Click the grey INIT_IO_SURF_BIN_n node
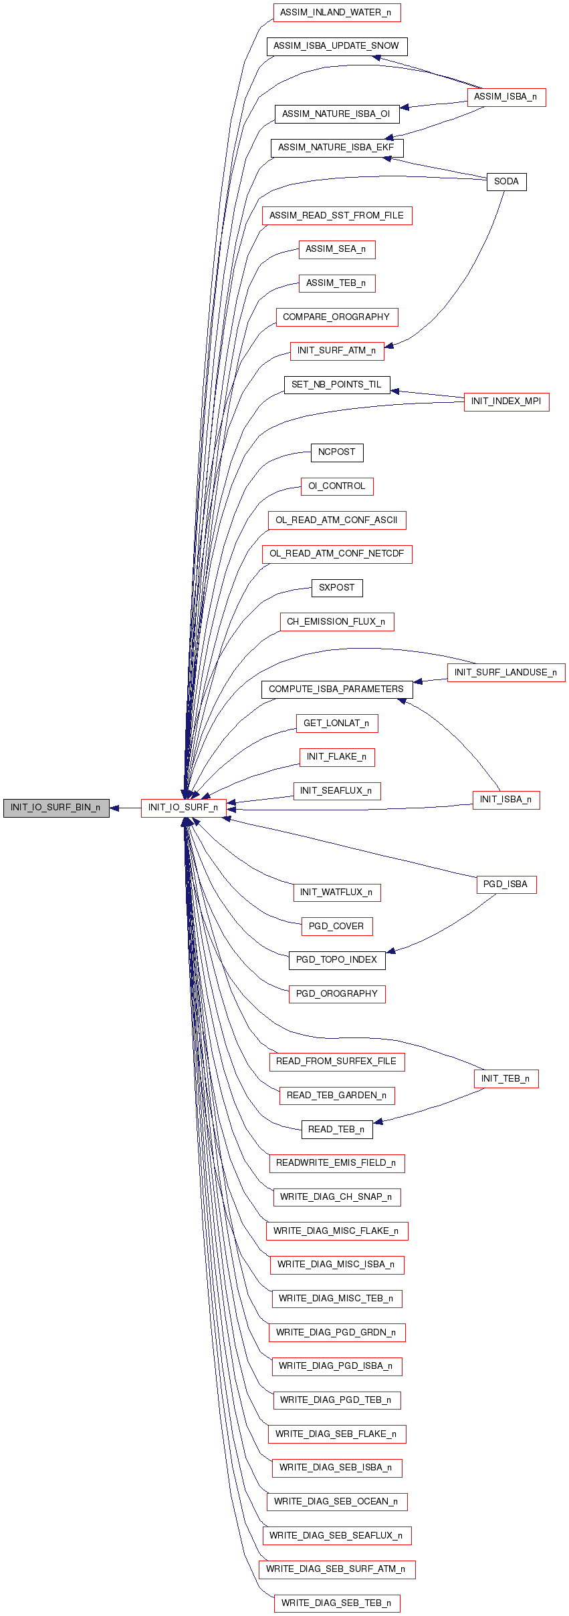click(x=56, y=808)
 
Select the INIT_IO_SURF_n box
click(x=183, y=808)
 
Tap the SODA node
click(x=507, y=182)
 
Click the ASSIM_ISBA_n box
click(x=506, y=97)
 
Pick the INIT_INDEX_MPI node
click(x=506, y=401)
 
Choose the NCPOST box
click(x=337, y=452)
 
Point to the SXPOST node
click(x=337, y=588)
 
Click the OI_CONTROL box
click(x=337, y=486)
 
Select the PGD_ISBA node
click(x=506, y=884)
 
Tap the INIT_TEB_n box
click(x=506, y=1079)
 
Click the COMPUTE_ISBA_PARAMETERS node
click(x=337, y=689)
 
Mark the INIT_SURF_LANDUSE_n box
click(x=506, y=673)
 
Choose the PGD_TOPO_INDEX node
click(x=337, y=960)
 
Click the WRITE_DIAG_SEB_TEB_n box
click(x=337, y=1603)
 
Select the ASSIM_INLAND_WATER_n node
click(x=337, y=13)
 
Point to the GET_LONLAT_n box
click(x=337, y=723)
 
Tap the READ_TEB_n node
click(x=337, y=1130)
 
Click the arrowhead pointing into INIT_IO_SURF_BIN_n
click(x=114, y=808)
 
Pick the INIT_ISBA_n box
click(x=506, y=800)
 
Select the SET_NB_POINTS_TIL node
click(x=337, y=385)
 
